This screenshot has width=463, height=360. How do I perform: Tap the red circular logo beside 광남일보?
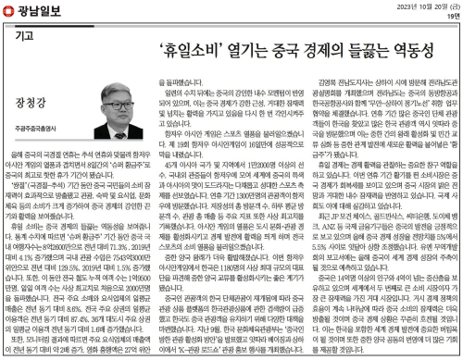tap(9, 10)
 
